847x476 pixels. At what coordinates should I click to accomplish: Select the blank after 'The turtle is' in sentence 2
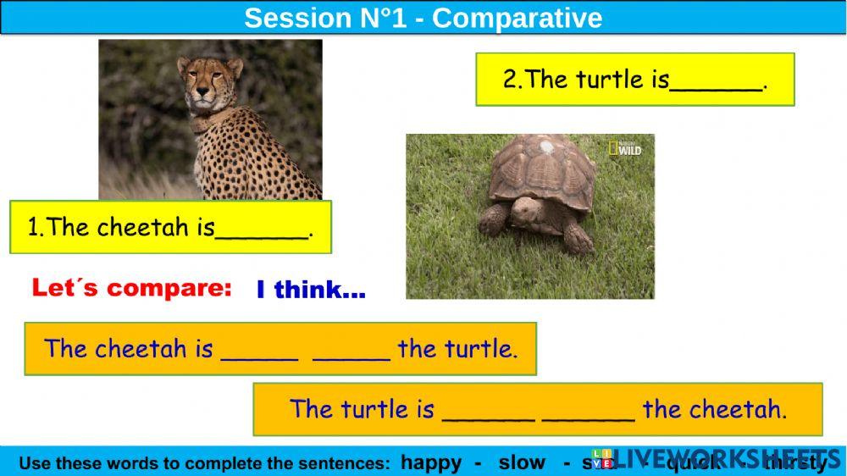click(715, 81)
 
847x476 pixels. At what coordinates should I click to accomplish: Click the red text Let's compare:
click(131, 288)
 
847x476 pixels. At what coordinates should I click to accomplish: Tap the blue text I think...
click(310, 291)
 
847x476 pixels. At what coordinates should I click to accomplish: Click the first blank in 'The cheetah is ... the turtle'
click(259, 350)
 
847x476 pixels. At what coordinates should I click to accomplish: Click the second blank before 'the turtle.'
click(351, 350)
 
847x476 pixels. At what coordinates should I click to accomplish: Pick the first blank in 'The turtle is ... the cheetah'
click(489, 410)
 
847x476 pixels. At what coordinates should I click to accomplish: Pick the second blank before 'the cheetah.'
click(588, 410)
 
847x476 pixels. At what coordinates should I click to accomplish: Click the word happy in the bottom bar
click(431, 462)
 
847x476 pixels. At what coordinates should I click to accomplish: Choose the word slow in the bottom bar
click(522, 462)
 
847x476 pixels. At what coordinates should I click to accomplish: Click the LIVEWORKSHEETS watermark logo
click(711, 457)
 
